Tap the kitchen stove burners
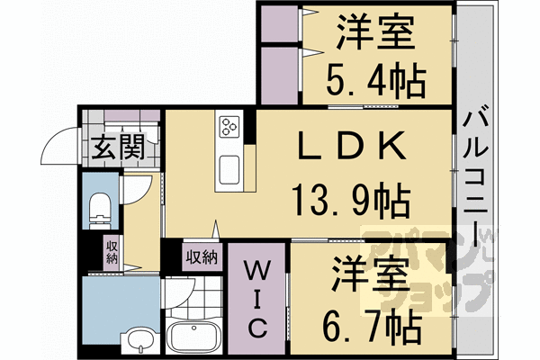coord(228,125)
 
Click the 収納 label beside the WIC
coord(202,257)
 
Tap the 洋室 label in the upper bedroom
coord(375,35)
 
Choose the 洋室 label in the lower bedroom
coord(369,274)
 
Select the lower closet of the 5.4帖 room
coord(279,76)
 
